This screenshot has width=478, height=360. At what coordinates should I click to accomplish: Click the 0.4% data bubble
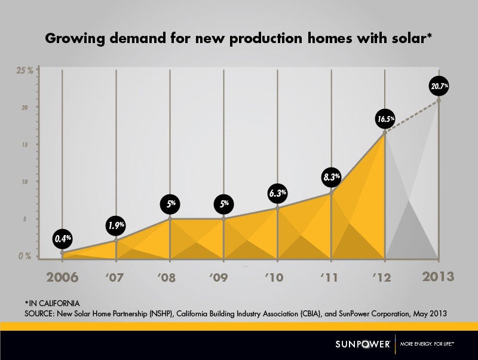(x=62, y=238)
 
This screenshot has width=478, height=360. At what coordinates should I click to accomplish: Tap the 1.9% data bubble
(x=117, y=226)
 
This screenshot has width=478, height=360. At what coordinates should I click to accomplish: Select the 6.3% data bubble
(x=278, y=193)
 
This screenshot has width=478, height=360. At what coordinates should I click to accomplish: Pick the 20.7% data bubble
(x=439, y=87)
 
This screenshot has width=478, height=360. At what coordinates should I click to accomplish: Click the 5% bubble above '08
(x=171, y=204)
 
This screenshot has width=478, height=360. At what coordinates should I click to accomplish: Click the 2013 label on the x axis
(x=438, y=276)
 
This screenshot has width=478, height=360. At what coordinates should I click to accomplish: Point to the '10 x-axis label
(x=277, y=277)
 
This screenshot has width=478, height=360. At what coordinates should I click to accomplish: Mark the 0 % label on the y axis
(x=24, y=256)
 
